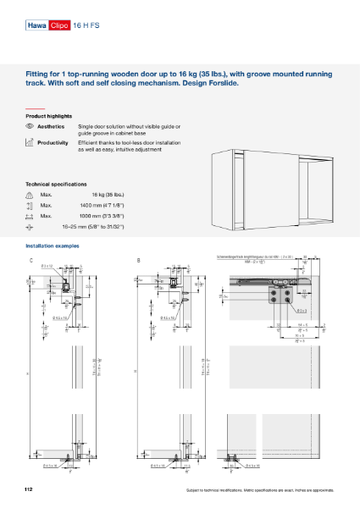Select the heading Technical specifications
click(56, 184)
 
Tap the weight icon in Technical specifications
click(30, 195)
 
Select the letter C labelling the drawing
click(31, 259)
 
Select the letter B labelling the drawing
click(138, 259)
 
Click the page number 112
click(30, 489)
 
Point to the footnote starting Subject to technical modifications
click(262, 491)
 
